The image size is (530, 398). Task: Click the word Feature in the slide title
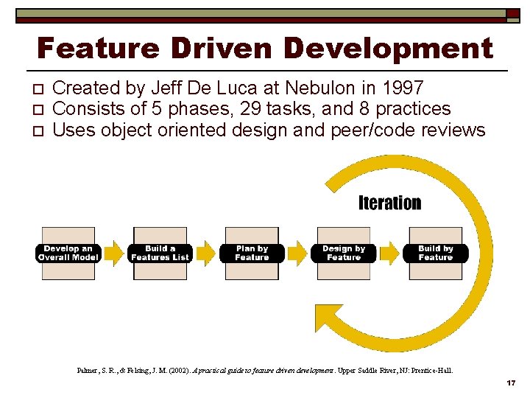pyautogui.click(x=97, y=49)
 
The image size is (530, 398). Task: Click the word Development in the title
pyautogui.click(x=388, y=49)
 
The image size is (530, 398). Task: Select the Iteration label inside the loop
pyautogui.click(x=389, y=203)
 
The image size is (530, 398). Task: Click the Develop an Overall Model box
pyautogui.click(x=68, y=253)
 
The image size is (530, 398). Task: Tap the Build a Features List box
pyautogui.click(x=160, y=253)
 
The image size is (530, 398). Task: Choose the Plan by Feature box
pyautogui.click(x=252, y=253)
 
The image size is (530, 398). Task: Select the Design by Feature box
pyautogui.click(x=344, y=253)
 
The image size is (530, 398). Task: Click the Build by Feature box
pyautogui.click(x=436, y=253)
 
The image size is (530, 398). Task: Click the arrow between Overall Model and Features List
pyautogui.click(x=114, y=253)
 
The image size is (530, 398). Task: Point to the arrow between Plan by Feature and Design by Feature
pyautogui.click(x=297, y=253)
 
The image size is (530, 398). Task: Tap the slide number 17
pyautogui.click(x=511, y=383)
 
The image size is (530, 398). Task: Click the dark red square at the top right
pyautogui.click(x=512, y=13)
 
